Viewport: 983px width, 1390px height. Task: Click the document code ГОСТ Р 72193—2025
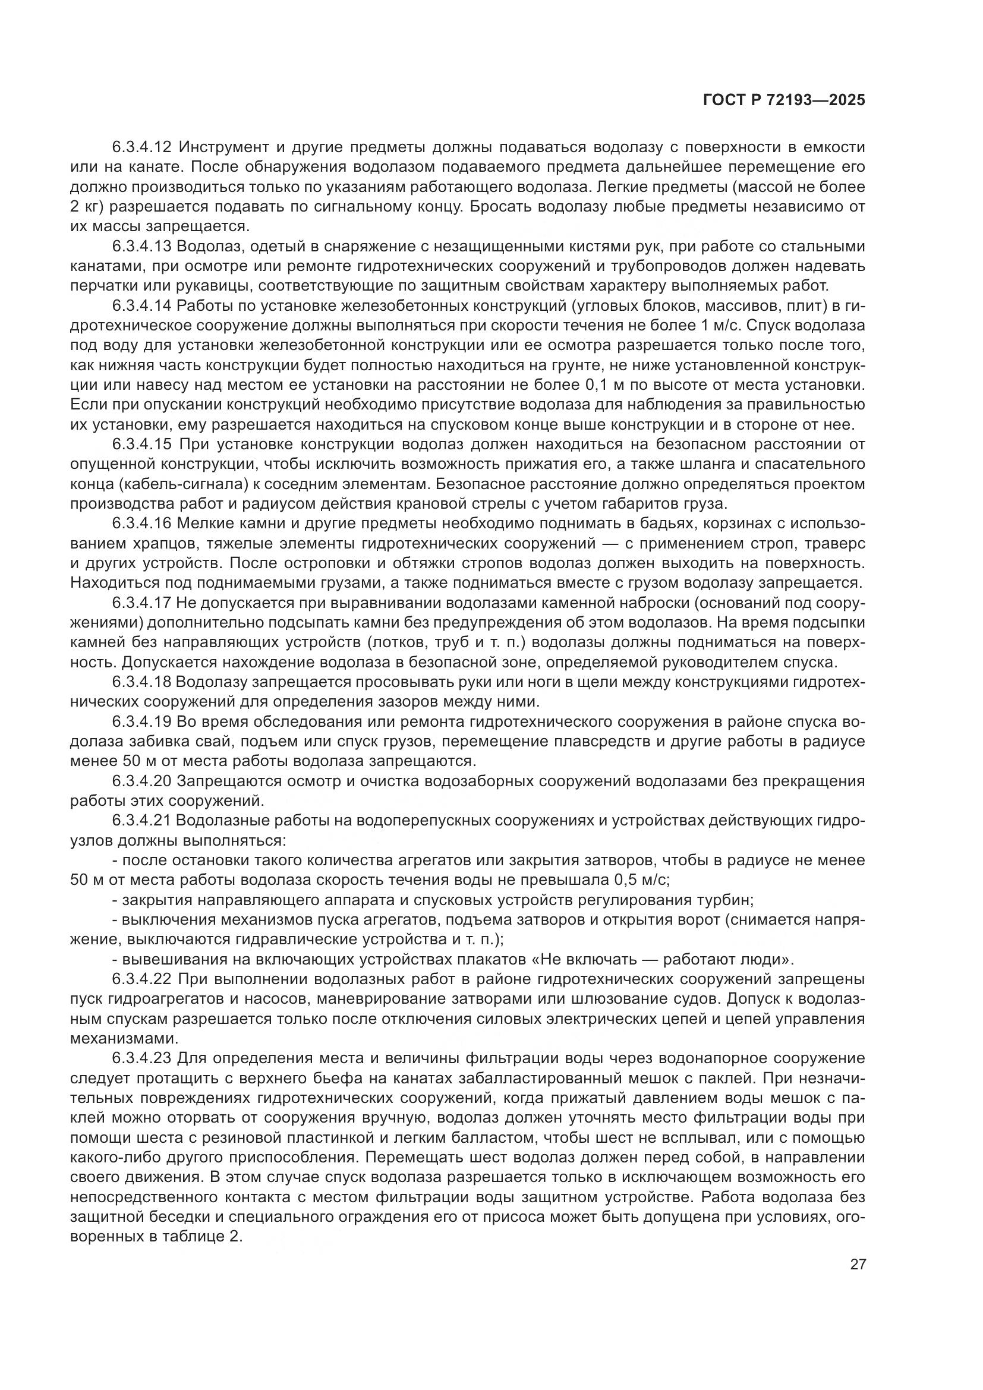coord(784,100)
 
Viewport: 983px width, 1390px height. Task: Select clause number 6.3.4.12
coord(143,147)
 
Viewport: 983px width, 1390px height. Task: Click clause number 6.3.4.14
coord(143,305)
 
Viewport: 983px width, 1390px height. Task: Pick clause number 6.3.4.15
coord(143,445)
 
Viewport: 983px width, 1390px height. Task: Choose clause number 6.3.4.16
coord(143,524)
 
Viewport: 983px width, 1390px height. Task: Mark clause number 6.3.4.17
coord(143,603)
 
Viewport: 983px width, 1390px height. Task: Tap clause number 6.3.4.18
coord(143,682)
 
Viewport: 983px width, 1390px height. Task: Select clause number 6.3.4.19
coord(143,722)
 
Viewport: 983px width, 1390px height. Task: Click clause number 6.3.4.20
coord(143,781)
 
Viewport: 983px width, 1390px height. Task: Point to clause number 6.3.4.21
coord(143,821)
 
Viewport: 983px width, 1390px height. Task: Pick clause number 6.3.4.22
coord(143,979)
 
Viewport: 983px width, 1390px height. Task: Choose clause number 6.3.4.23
coord(143,1059)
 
